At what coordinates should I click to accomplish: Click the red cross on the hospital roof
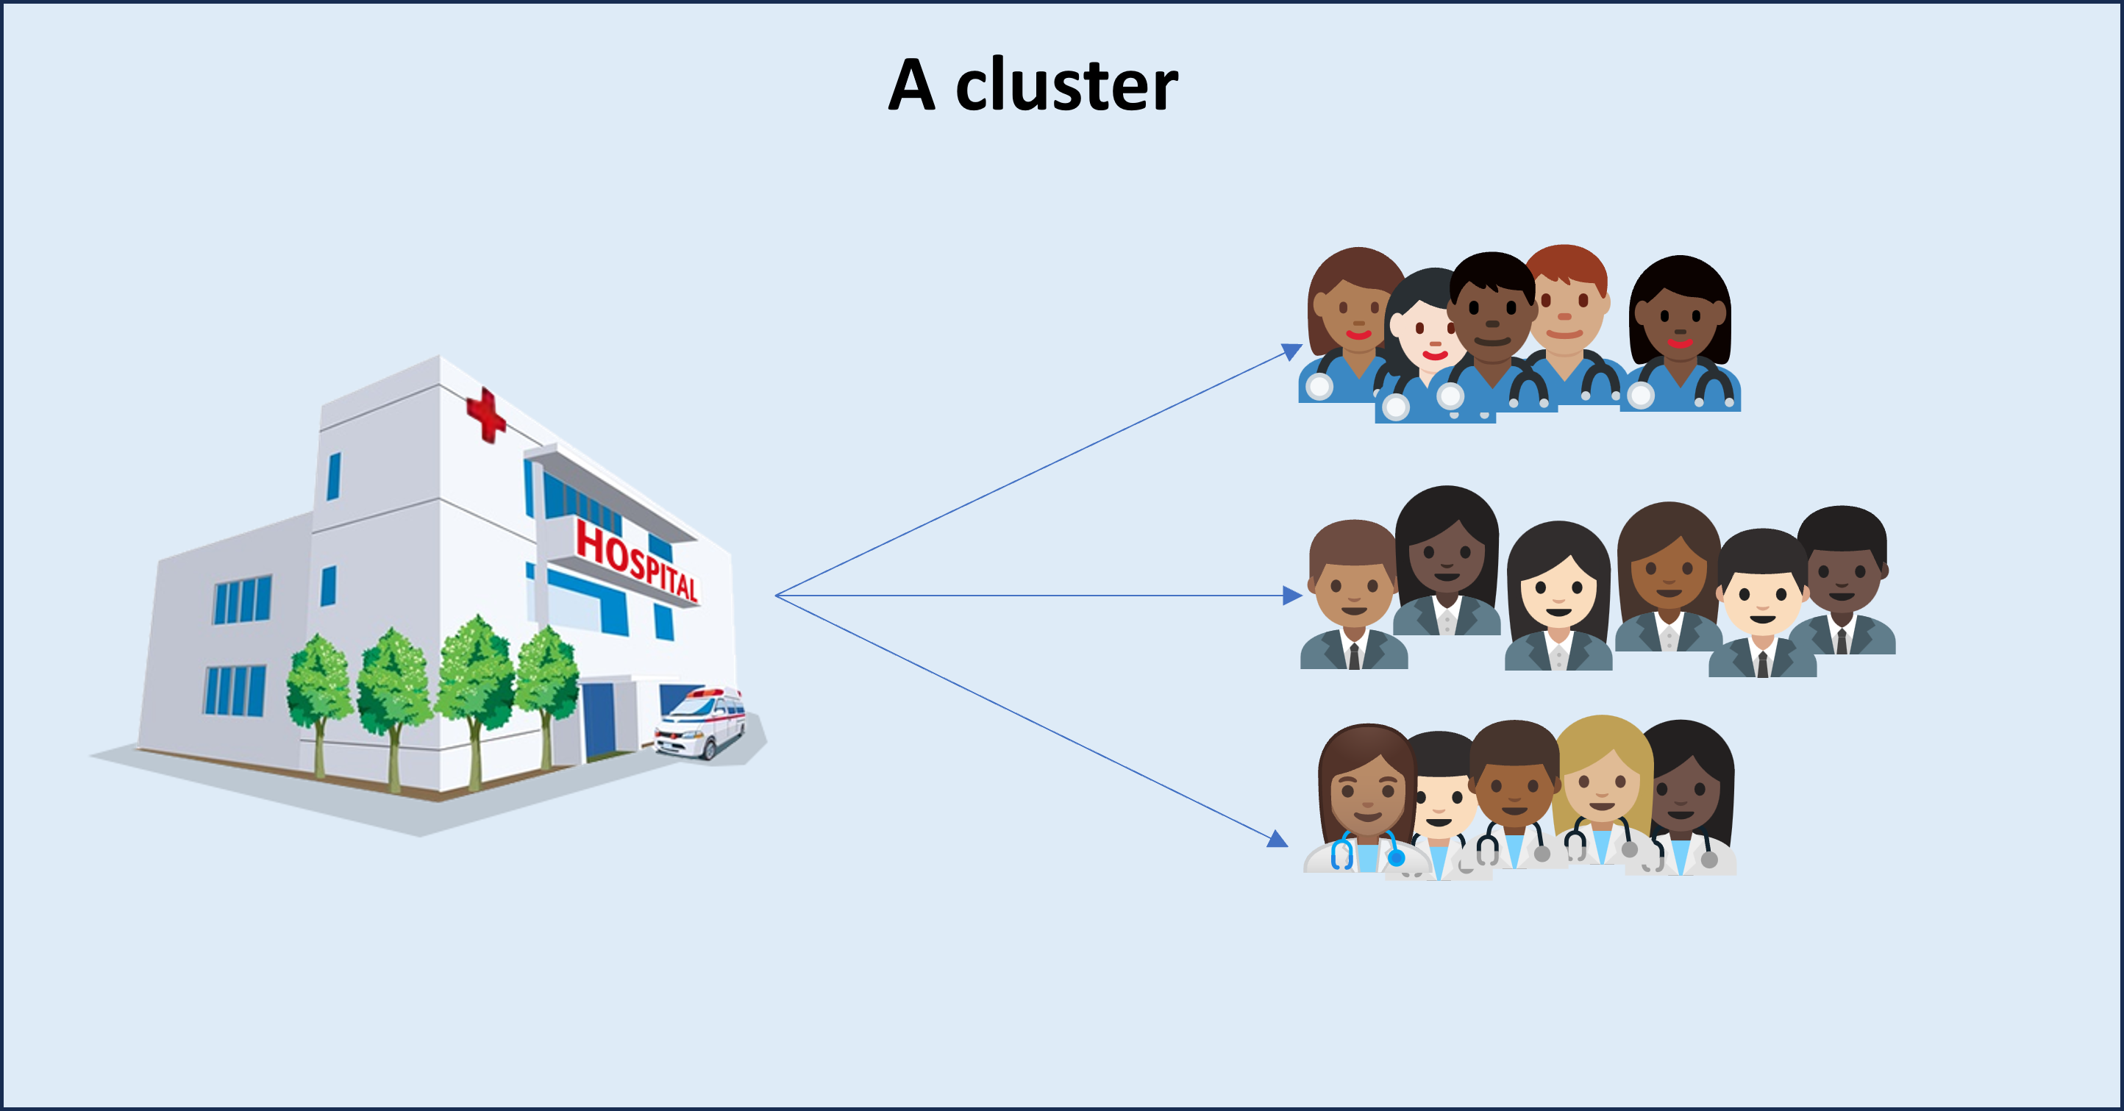[x=485, y=415]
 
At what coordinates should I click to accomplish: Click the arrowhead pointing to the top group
[x=1291, y=352]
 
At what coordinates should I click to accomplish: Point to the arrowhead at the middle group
[x=1292, y=595]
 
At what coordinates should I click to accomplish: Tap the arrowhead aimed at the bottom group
[x=1277, y=839]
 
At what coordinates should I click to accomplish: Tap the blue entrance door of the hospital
[x=600, y=721]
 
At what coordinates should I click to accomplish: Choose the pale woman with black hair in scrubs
[x=1424, y=329]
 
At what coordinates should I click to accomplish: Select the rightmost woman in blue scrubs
[x=1681, y=329]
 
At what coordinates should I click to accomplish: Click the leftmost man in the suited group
[x=1353, y=593]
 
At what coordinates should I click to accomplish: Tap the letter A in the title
[x=912, y=86]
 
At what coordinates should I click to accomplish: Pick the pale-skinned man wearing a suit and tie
[x=1762, y=601]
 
